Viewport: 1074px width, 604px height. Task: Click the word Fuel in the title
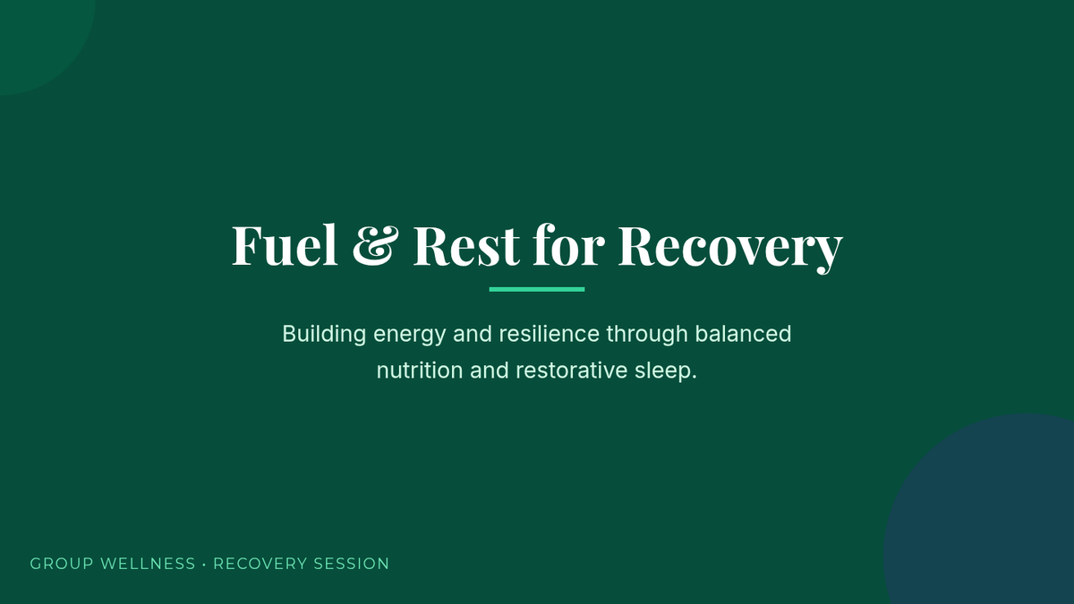coord(285,244)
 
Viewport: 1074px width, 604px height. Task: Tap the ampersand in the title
coord(375,245)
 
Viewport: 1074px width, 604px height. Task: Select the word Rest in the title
coord(466,245)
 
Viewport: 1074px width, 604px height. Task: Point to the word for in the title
coord(568,244)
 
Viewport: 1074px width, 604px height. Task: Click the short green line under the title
coord(537,290)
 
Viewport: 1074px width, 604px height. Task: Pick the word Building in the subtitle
coord(324,335)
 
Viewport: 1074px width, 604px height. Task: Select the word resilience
coord(550,334)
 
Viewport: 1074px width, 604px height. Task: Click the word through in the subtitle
coord(647,335)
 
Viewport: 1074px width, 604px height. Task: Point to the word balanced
coord(743,334)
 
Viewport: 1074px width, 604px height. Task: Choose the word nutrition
coord(420,370)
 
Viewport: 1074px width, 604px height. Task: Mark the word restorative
coord(572,370)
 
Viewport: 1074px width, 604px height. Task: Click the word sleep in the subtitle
coord(663,371)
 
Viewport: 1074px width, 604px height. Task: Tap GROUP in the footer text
coord(62,564)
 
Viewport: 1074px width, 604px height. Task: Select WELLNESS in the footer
coord(149,564)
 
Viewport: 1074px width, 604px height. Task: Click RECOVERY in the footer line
coord(260,564)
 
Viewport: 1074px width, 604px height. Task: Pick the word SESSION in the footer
coord(351,564)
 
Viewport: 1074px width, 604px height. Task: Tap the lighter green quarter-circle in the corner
coord(38,38)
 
